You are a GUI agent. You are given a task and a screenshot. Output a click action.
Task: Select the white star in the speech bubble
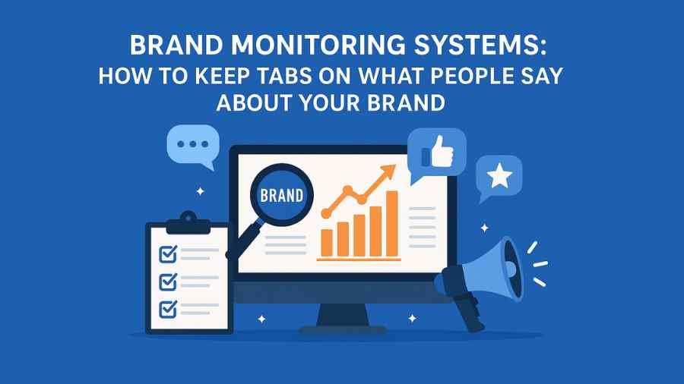[x=499, y=177]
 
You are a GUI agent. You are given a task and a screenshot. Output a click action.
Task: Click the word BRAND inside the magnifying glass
[x=281, y=195]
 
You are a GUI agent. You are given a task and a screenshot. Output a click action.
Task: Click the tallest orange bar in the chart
[x=392, y=223]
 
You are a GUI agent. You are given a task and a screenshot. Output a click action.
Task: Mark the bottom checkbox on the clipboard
[x=167, y=308]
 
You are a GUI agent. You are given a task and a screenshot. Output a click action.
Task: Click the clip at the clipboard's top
[x=186, y=222]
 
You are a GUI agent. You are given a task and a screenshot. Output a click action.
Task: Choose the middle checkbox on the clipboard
[x=167, y=282]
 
